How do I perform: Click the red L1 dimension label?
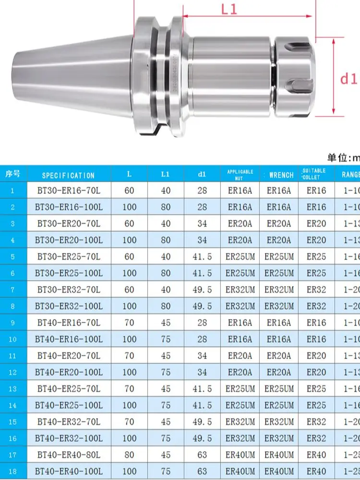click(230, 9)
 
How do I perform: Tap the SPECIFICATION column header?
click(68, 175)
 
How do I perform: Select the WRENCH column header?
click(281, 175)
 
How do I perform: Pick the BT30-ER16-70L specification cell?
click(68, 191)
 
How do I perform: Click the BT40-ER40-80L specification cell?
click(68, 455)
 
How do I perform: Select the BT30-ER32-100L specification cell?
click(68, 306)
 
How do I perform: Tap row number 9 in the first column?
click(13, 323)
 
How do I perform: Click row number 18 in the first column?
click(13, 471)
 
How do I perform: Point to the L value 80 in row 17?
click(129, 455)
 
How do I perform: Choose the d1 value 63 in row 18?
click(202, 471)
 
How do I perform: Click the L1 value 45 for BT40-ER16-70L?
click(166, 323)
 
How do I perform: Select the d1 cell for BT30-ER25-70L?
click(202, 256)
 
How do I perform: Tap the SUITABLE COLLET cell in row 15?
click(316, 421)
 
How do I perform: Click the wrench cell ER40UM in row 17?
click(279, 455)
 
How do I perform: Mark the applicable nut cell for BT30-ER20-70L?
click(240, 224)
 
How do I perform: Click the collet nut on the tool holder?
click(296, 77)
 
